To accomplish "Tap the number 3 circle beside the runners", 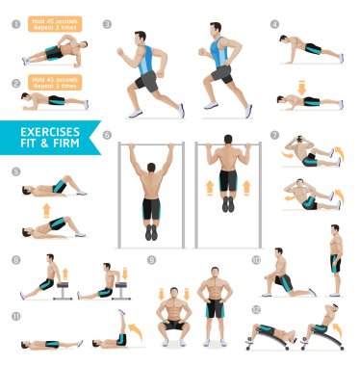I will tap(107, 24).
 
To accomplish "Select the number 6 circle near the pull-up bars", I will tap(107, 135).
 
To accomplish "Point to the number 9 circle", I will tap(151, 259).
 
